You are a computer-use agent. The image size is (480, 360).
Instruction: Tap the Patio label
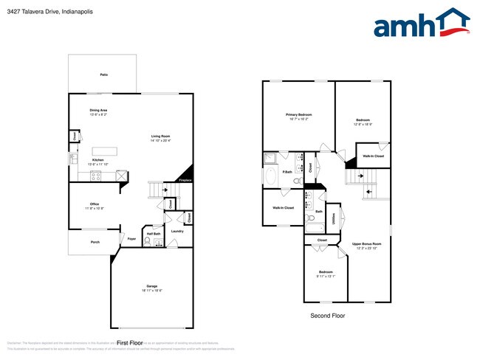pyautogui.click(x=103, y=75)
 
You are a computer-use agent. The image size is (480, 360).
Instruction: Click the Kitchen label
pyautogui.click(x=98, y=159)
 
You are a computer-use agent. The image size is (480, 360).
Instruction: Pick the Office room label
pyautogui.click(x=95, y=204)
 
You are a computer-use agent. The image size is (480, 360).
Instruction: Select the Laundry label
pyautogui.click(x=177, y=231)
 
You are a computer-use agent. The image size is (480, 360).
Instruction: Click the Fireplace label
pyautogui.click(x=185, y=179)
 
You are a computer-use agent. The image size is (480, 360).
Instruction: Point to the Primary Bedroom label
pyautogui.click(x=299, y=115)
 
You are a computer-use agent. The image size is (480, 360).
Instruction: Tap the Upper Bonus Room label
pyautogui.click(x=366, y=243)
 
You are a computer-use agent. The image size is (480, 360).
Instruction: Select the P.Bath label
pyautogui.click(x=267, y=172)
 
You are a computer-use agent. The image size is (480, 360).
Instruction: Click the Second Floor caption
pyautogui.click(x=327, y=316)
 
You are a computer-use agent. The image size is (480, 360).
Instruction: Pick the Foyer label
pyautogui.click(x=131, y=238)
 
